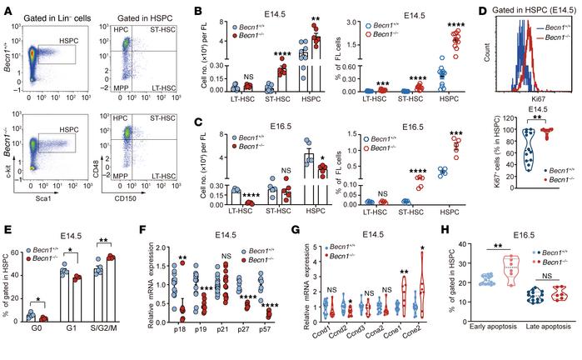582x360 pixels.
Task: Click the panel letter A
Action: click(x=6, y=7)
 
